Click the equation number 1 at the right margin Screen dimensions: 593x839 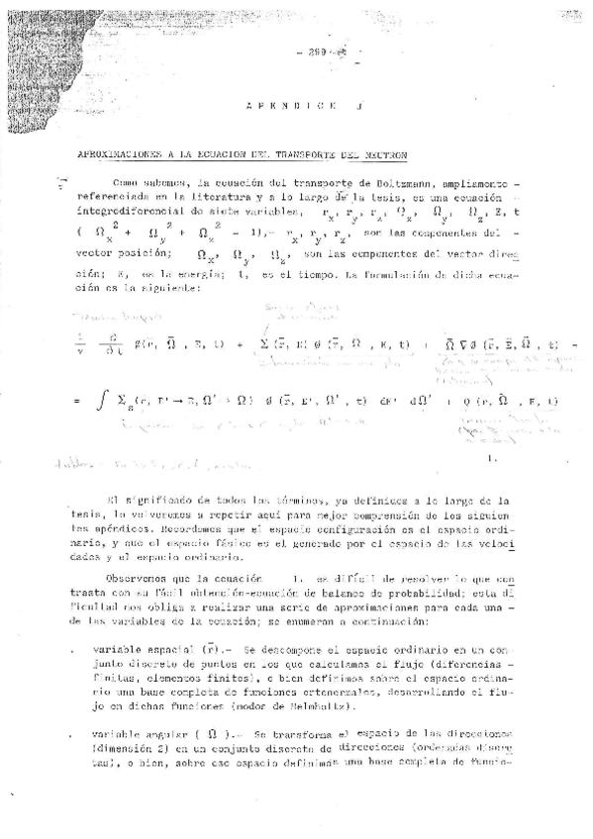[x=492, y=459]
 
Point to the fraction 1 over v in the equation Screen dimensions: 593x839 [x=82, y=345]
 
